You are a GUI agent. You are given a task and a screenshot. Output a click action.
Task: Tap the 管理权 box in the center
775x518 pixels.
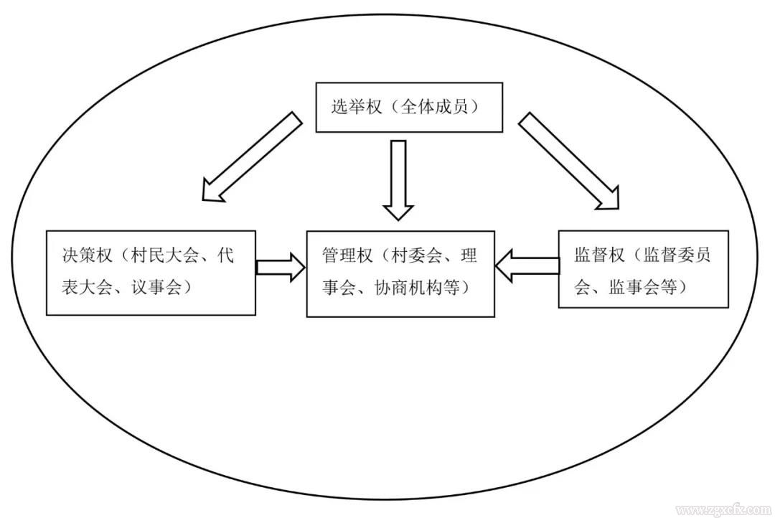400,273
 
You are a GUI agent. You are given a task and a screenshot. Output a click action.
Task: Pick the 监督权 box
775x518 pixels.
643,269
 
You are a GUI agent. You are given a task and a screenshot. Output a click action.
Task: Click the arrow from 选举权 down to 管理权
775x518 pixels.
398,179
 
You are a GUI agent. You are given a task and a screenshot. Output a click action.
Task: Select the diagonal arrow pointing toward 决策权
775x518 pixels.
250,157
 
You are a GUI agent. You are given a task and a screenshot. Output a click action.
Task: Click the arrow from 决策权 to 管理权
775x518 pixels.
281,267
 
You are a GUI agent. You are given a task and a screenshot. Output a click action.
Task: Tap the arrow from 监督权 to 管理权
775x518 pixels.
527,266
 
